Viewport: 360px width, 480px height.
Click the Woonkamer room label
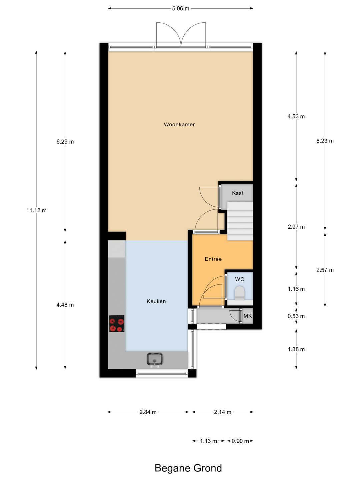click(x=179, y=124)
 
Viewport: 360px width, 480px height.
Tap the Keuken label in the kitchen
click(x=156, y=301)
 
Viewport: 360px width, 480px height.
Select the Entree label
click(x=213, y=259)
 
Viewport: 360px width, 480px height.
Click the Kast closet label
click(x=238, y=193)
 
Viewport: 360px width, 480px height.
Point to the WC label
click(x=239, y=279)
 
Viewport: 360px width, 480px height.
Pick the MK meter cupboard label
click(x=248, y=316)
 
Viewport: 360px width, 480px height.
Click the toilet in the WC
click(x=239, y=293)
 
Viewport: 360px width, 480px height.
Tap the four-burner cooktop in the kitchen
click(x=117, y=324)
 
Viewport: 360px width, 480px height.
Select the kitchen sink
click(x=155, y=359)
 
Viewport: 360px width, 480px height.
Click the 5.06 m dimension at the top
click(x=180, y=9)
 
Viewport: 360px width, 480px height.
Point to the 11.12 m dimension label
click(x=36, y=210)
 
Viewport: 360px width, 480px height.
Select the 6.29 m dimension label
click(x=65, y=142)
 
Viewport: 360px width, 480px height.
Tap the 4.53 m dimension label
click(x=296, y=116)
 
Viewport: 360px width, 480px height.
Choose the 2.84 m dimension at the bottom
click(x=148, y=412)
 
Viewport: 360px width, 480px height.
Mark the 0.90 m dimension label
click(x=240, y=441)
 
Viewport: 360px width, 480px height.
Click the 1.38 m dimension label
click(x=296, y=349)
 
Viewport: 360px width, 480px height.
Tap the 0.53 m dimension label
click(x=296, y=316)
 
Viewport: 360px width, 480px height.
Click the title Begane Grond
click(x=188, y=468)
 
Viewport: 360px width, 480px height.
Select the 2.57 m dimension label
click(x=325, y=270)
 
